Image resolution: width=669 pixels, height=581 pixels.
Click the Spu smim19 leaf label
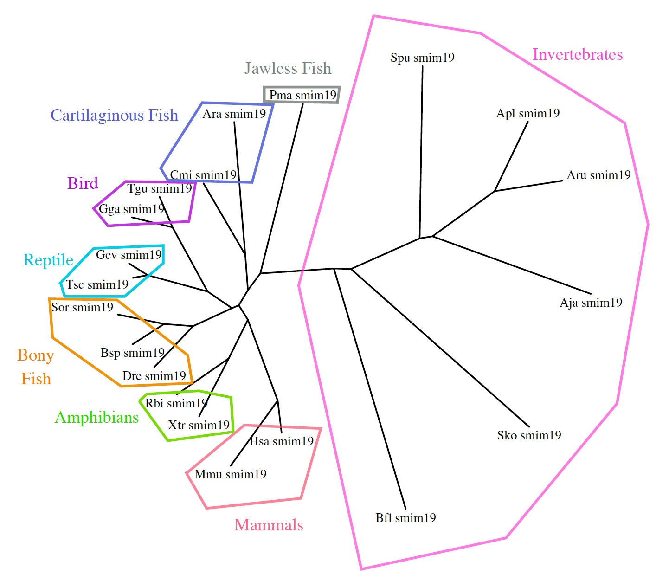point(422,58)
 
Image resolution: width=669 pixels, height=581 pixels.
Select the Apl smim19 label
point(527,114)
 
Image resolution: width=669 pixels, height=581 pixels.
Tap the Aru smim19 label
point(598,175)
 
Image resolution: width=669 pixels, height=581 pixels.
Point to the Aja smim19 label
point(591,303)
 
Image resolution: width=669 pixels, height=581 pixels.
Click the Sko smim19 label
point(529,435)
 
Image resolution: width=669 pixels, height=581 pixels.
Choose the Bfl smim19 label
point(405,518)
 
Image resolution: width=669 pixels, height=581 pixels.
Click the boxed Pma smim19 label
point(302,95)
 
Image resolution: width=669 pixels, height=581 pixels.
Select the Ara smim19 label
point(234,114)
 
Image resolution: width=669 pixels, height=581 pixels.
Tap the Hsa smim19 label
point(282,441)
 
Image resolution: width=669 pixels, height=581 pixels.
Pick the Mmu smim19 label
point(230,474)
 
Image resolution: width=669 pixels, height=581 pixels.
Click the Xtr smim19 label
point(199,425)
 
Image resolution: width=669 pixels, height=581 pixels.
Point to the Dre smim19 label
point(154,376)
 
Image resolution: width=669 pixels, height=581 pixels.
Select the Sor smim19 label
point(82,307)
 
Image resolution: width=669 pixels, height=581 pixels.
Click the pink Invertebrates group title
point(577,55)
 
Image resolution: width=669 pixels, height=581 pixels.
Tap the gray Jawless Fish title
point(288,69)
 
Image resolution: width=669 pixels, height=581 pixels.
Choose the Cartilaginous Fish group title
point(114,115)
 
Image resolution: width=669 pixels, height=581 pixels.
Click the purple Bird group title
point(83,183)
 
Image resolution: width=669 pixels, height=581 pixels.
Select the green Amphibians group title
point(96,418)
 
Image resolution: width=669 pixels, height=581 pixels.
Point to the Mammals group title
point(269,525)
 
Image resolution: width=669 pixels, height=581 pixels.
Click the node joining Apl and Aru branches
point(495,191)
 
